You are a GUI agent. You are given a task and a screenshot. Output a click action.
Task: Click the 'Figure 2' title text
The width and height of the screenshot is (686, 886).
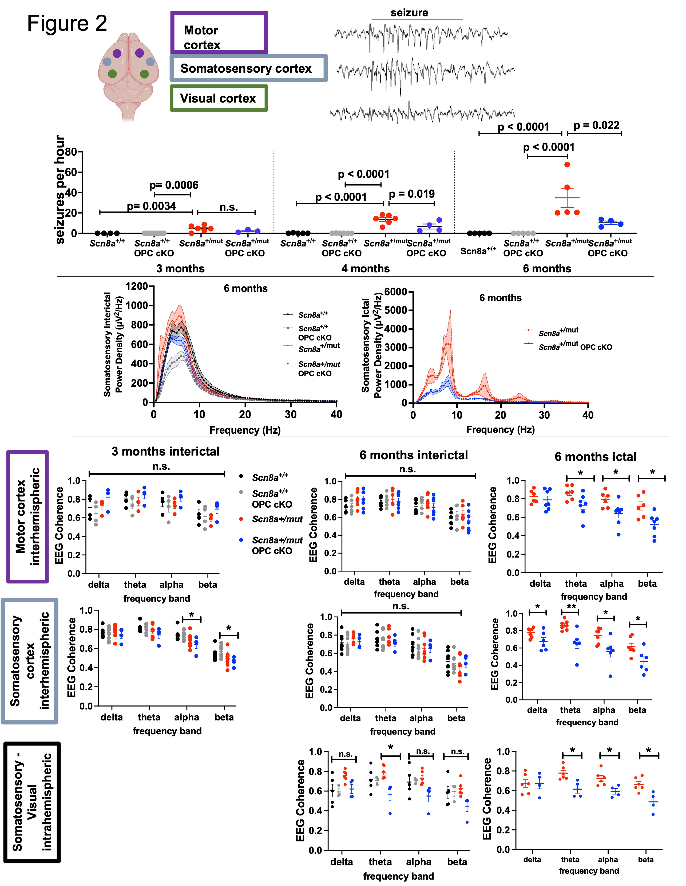click(x=67, y=23)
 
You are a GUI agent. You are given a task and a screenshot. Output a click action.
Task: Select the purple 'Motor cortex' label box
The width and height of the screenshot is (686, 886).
click(x=219, y=33)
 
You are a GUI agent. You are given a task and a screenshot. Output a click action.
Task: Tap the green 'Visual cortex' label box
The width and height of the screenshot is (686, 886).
click(x=219, y=98)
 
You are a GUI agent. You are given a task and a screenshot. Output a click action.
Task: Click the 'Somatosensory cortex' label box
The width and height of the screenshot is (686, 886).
click(x=248, y=68)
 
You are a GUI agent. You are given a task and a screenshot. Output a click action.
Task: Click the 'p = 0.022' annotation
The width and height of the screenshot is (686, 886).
click(x=596, y=125)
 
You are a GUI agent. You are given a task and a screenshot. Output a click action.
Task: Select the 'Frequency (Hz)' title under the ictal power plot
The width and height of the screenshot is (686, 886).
click(x=500, y=429)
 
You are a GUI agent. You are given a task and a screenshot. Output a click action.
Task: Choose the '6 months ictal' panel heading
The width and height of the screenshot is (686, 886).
click(x=595, y=457)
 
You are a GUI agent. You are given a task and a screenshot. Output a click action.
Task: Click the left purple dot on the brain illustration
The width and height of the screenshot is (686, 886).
click(x=117, y=53)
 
